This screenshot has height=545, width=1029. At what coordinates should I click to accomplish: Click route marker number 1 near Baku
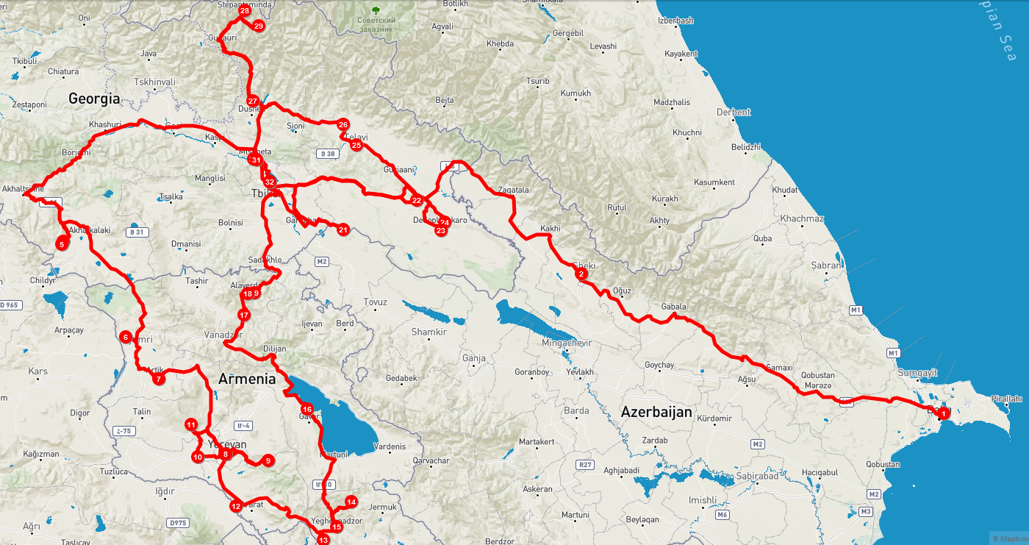[944, 413]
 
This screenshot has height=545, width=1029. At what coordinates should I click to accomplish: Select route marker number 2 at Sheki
[581, 274]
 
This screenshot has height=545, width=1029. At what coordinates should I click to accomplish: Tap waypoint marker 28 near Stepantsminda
[244, 12]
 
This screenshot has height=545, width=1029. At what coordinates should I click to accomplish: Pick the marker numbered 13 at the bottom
[323, 540]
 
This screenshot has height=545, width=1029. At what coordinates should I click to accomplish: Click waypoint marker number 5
[62, 243]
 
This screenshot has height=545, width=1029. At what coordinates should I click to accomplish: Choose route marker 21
[343, 230]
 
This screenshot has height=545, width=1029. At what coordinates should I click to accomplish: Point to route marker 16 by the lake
[307, 409]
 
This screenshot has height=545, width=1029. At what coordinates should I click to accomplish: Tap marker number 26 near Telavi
[343, 125]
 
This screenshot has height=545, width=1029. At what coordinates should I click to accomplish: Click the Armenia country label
[247, 379]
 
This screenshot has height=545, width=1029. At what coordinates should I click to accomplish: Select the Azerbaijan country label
[656, 412]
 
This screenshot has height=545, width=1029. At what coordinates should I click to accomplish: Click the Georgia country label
[94, 98]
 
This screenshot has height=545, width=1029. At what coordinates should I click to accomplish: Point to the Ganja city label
[474, 358]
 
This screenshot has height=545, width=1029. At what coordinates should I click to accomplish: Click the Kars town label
[37, 371]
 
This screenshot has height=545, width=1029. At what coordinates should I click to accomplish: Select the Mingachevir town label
[566, 343]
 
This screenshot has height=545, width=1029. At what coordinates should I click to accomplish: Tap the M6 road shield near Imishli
[723, 515]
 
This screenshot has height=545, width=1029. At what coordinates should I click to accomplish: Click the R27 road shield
[585, 464]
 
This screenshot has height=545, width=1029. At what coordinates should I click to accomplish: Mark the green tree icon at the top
[376, 10]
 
